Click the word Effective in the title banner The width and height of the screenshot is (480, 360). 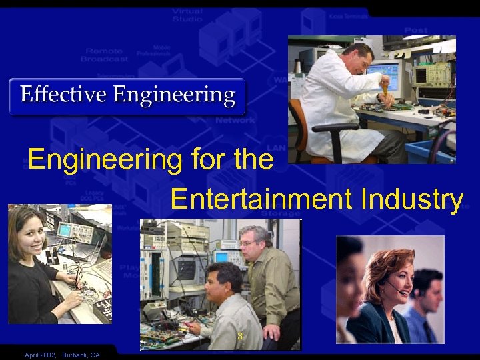tap(63, 95)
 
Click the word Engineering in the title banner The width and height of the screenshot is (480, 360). tap(174, 95)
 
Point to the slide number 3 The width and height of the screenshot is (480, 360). tap(240, 336)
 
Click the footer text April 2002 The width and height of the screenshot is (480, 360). tap(39, 355)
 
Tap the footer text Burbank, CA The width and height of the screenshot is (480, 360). tap(81, 355)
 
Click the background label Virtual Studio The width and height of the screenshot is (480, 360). tap(187, 15)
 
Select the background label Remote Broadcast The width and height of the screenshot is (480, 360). tap(105, 55)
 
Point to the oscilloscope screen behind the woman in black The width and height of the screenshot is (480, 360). tap(65, 231)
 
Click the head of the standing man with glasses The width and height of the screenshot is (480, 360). tap(254, 243)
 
